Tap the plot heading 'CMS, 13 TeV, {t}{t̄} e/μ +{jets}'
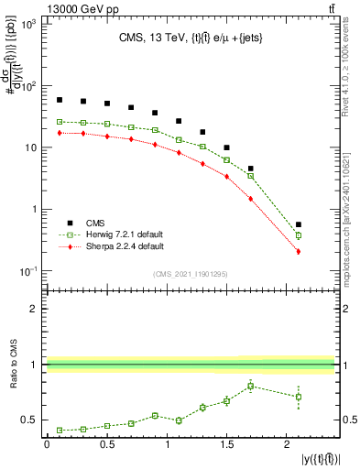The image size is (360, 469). pyautogui.click(x=191, y=38)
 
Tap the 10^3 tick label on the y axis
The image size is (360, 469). pyautogui.click(x=29, y=25)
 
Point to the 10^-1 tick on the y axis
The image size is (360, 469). pyautogui.click(x=29, y=271)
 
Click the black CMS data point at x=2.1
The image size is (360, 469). pyautogui.click(x=299, y=224)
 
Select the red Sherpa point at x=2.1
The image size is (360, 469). pyautogui.click(x=299, y=251)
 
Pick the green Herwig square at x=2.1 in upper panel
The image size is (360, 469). pyautogui.click(x=299, y=235)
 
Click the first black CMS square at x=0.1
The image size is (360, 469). pyautogui.click(x=59, y=100)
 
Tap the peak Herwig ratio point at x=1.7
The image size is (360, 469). pyautogui.click(x=250, y=387)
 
